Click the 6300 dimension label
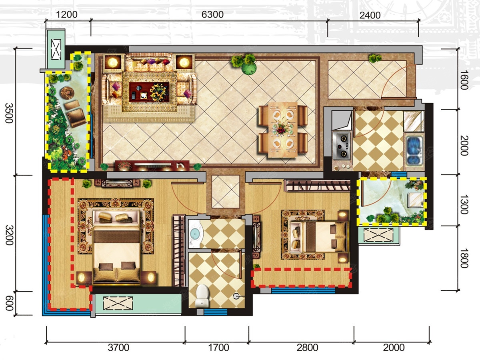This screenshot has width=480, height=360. click(x=212, y=15)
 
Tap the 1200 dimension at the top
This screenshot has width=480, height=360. click(x=67, y=15)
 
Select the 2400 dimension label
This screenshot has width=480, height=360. click(x=370, y=15)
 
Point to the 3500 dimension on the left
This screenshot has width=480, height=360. click(x=9, y=113)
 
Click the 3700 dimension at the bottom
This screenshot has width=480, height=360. click(x=118, y=348)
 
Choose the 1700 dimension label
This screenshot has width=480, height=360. click(x=218, y=348)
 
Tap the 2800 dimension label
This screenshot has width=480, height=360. click(x=307, y=348)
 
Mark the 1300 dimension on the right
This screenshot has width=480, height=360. click(x=464, y=204)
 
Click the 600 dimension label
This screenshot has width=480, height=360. click(x=9, y=303)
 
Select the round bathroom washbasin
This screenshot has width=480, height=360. click(x=195, y=234)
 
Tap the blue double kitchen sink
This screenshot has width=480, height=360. click(x=414, y=151)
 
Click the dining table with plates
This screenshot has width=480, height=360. click(x=283, y=130)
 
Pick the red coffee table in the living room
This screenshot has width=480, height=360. click(x=149, y=92)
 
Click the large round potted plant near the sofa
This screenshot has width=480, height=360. click(x=249, y=67)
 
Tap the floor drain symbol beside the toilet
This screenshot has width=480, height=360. click(x=236, y=296)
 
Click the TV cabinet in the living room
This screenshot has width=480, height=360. click(x=152, y=166)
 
